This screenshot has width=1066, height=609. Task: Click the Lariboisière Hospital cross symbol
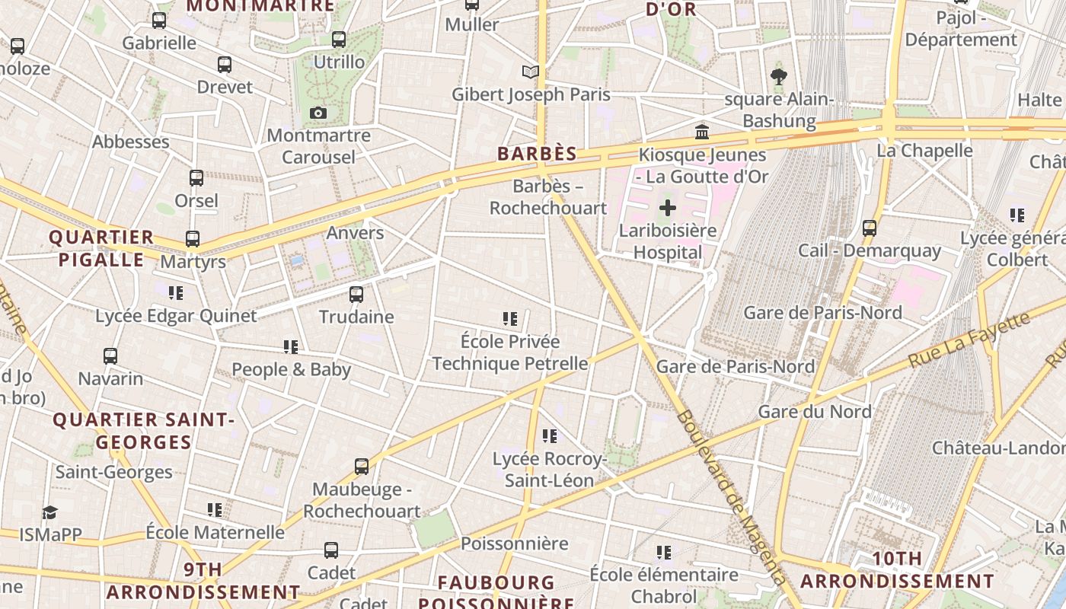(668, 207)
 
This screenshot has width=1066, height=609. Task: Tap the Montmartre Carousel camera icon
(318, 113)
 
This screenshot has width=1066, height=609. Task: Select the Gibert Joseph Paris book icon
(531, 72)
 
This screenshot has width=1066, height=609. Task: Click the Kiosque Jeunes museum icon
(702, 132)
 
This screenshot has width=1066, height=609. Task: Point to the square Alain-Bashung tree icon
(778, 76)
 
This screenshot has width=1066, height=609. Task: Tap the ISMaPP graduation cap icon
(49, 512)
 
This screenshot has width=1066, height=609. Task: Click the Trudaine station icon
(356, 295)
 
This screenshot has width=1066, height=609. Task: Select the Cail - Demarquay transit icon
(870, 228)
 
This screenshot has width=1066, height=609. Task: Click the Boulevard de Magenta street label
(730, 499)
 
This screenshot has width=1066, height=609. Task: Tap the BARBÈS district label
(537, 154)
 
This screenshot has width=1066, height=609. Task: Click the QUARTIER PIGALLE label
(101, 248)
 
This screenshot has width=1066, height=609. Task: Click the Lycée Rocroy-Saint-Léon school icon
(550, 436)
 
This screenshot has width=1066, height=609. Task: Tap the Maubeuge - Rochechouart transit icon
(362, 466)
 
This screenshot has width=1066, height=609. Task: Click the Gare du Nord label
(815, 412)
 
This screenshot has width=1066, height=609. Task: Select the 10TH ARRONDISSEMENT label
(898, 569)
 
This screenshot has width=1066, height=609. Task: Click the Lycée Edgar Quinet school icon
(177, 292)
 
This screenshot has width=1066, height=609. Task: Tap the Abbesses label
(131, 142)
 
